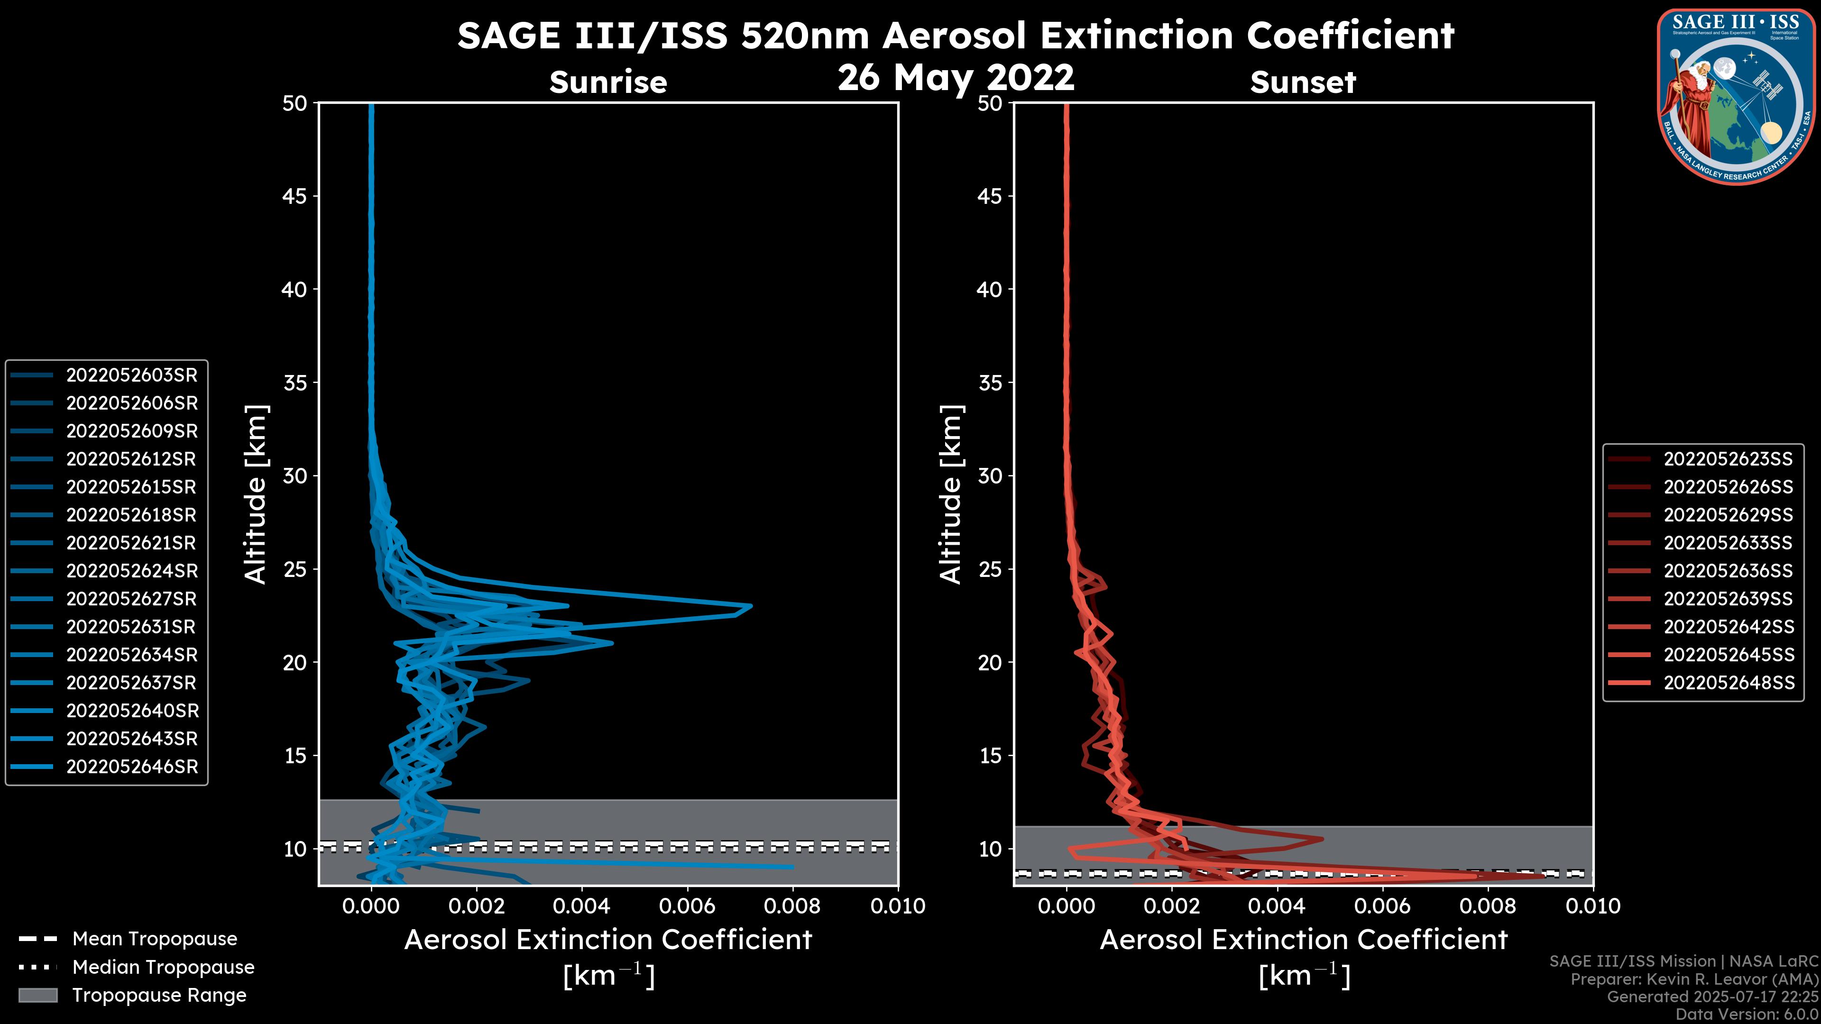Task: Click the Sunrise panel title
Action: click(608, 82)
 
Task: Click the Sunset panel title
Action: click(1303, 82)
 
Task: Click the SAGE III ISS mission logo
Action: click(1736, 96)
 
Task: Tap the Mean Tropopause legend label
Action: click(155, 939)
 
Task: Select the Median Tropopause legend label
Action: click(163, 968)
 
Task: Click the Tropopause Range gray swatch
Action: click(37, 996)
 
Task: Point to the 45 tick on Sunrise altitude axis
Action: click(295, 196)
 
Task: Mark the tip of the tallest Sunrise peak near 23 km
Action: click(751, 606)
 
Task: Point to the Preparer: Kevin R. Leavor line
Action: click(1694, 979)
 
